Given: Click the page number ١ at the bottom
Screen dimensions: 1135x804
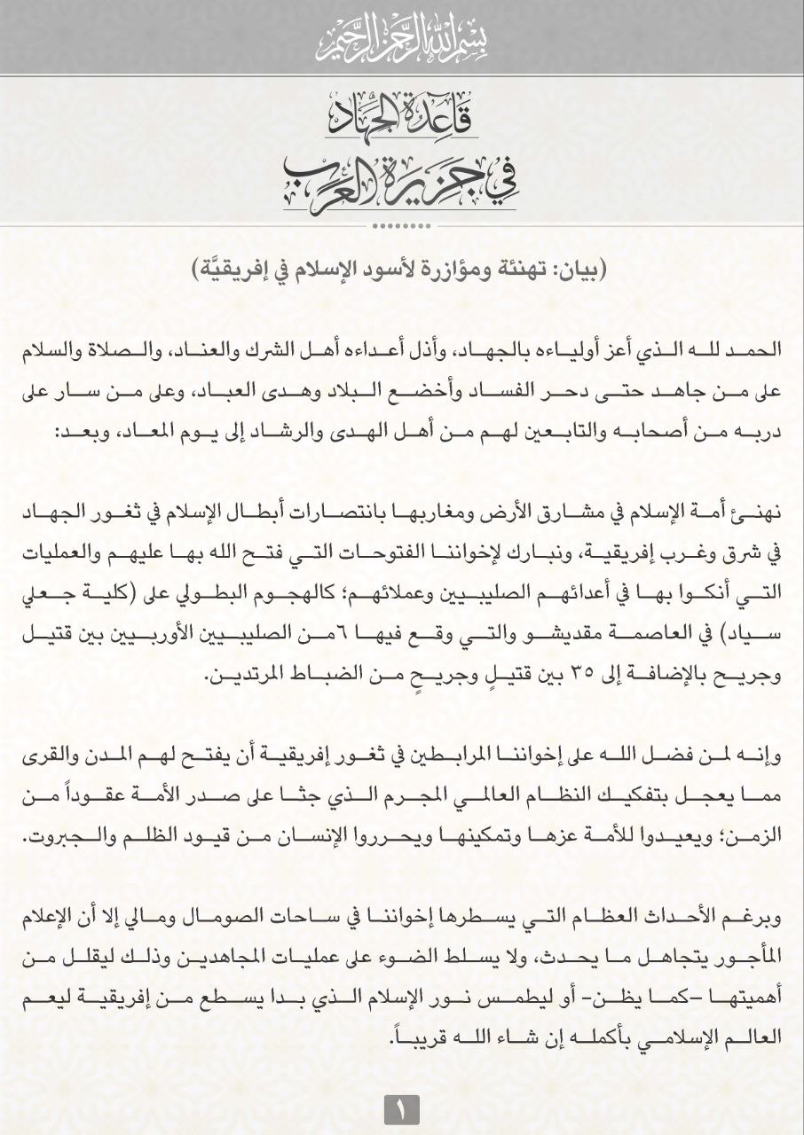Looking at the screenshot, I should tap(401, 1109).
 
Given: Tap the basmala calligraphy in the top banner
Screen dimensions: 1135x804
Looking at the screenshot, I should tap(401, 38).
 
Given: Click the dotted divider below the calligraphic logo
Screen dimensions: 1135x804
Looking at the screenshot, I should tap(401, 224).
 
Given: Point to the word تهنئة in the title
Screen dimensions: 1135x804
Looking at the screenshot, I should tap(517, 270).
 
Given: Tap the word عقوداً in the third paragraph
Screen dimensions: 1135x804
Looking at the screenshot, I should tap(87, 796).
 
